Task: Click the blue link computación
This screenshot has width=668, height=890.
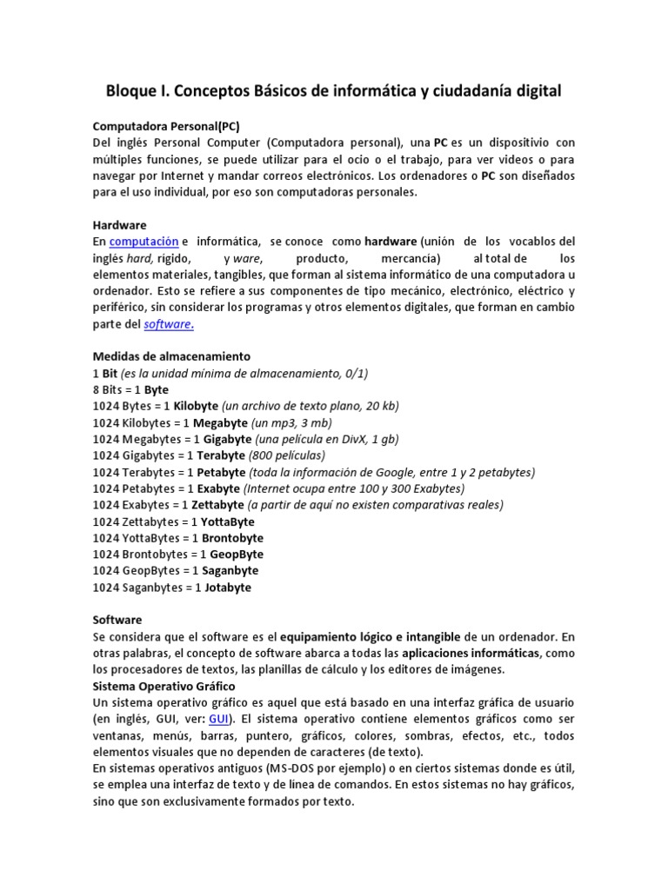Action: [144, 241]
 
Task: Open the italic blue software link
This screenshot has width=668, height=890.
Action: [168, 323]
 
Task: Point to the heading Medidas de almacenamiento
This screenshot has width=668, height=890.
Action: [171, 356]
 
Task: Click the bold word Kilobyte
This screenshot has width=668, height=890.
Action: [197, 406]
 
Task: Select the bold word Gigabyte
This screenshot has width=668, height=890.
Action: [229, 439]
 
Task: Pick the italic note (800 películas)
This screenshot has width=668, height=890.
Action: [287, 455]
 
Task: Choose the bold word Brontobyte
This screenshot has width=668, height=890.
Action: [232, 538]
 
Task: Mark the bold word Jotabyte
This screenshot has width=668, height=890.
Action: [228, 588]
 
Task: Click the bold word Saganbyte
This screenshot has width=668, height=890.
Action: [230, 571]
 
